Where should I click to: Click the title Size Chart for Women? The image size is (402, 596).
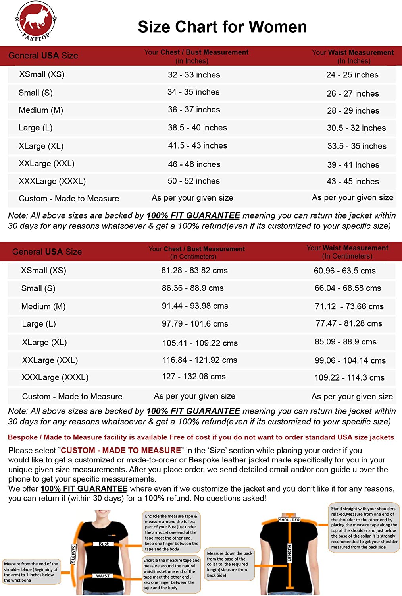(x=222, y=27)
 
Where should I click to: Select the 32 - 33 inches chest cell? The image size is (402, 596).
(x=194, y=75)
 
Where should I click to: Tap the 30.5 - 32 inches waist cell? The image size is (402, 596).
(x=356, y=128)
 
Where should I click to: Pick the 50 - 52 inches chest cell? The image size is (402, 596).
(x=193, y=181)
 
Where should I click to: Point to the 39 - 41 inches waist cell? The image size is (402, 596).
(x=353, y=165)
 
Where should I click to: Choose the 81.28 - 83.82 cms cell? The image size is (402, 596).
(x=194, y=271)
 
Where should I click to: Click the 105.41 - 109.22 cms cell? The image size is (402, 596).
(x=200, y=343)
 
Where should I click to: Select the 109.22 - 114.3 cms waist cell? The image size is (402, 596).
(x=349, y=378)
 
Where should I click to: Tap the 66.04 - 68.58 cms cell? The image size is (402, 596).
(x=348, y=288)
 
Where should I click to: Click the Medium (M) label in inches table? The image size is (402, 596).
(x=41, y=110)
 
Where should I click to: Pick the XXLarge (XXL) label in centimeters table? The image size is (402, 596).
(x=50, y=360)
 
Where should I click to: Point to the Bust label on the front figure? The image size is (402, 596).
(x=104, y=544)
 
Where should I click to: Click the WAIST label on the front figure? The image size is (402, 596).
(x=103, y=576)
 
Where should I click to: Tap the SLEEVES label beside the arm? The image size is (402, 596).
(x=73, y=554)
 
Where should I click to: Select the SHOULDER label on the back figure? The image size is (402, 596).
(x=289, y=520)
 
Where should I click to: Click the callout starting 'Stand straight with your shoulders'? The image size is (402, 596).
(x=364, y=528)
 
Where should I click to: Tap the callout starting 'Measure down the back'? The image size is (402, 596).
(x=229, y=564)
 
